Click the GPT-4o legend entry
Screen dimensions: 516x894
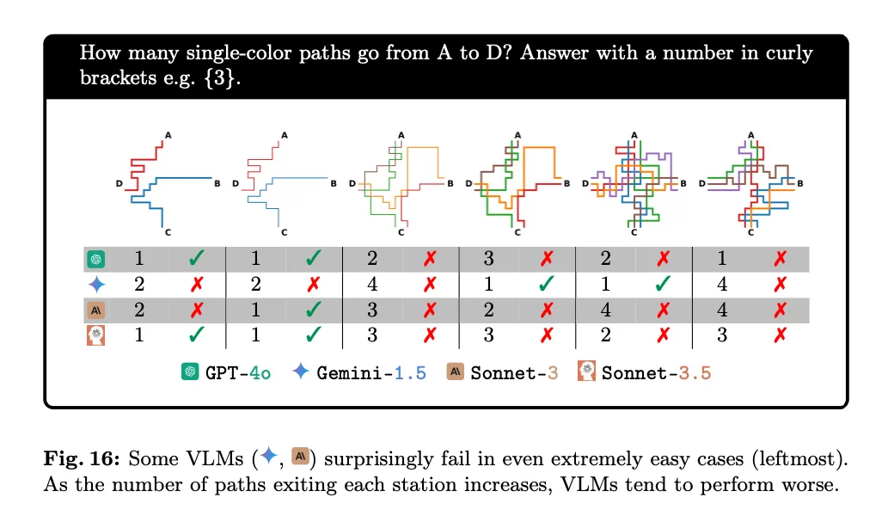click(x=226, y=372)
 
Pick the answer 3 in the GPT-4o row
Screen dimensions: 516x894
click(x=489, y=257)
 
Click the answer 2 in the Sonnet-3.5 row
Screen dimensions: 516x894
click(x=606, y=335)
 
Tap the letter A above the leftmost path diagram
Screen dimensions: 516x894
click(x=168, y=134)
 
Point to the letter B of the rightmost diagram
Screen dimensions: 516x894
click(x=800, y=183)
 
